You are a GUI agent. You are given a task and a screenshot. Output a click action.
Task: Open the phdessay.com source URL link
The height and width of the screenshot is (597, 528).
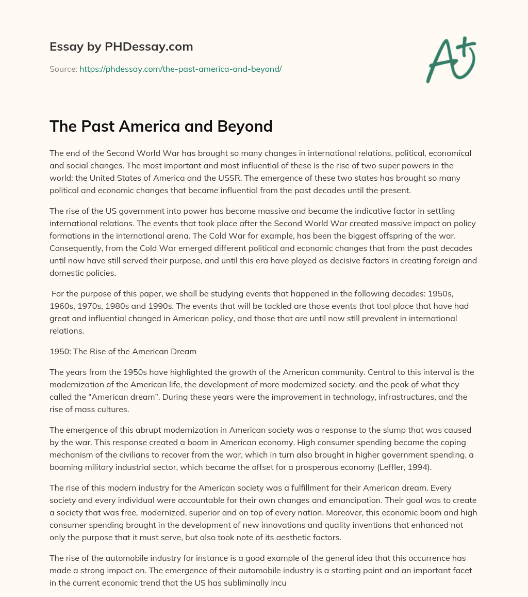180,69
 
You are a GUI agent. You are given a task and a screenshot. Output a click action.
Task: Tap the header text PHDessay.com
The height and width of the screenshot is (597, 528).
150,47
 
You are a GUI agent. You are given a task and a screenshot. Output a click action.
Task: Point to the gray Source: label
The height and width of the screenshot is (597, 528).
63,69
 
